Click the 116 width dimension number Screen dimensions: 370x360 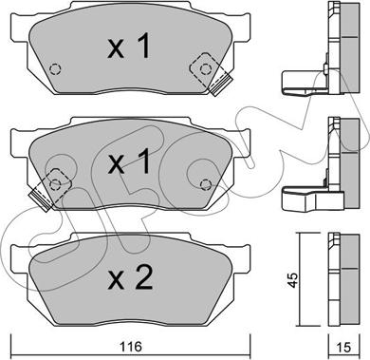coord(131,348)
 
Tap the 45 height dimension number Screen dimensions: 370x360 coord(293,279)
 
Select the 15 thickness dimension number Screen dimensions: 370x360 coord(343,348)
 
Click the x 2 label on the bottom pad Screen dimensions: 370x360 coord(130,277)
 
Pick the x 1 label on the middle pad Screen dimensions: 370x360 coord(128,162)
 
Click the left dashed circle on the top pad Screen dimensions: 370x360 coord(55,68)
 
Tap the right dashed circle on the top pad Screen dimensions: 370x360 coord(206,68)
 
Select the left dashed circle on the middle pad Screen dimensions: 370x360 coord(55,183)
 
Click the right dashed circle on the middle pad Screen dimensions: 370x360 coord(206,184)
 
